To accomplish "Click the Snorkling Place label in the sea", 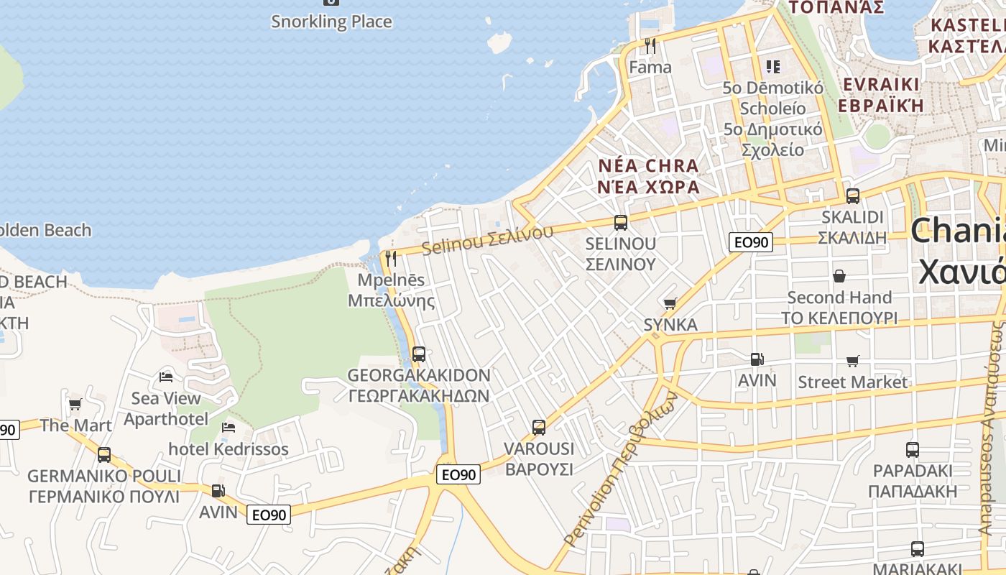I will coord(331,22).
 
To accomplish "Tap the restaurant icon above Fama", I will coord(650,46).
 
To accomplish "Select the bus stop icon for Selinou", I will coord(621,223).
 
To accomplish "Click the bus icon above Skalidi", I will coord(853,195).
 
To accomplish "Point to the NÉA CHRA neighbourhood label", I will coord(648,167).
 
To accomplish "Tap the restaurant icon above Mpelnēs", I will coord(391,258).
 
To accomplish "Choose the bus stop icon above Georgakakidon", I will coord(419,354).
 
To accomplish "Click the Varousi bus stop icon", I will coord(539,428).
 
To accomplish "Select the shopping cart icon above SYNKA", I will coord(670,304).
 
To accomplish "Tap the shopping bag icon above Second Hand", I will coord(839,276).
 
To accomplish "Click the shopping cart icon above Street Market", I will coord(853,361).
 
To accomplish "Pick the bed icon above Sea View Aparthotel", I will coord(166,377).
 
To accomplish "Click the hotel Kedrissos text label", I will coord(229,449).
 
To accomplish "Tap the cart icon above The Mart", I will coord(75,405).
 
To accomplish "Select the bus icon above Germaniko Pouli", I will coord(104,455).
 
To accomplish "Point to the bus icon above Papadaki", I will coord(913,450).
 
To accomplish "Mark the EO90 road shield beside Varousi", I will coord(458,474).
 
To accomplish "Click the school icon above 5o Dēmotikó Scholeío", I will coord(773,67).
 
